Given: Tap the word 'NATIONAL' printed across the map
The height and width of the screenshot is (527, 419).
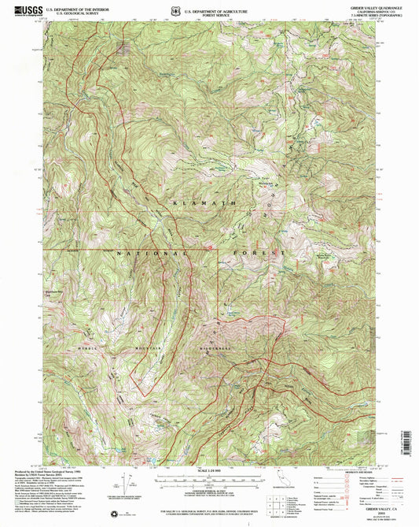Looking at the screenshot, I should (x=153, y=254).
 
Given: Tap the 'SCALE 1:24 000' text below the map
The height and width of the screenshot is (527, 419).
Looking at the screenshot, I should (x=210, y=470).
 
